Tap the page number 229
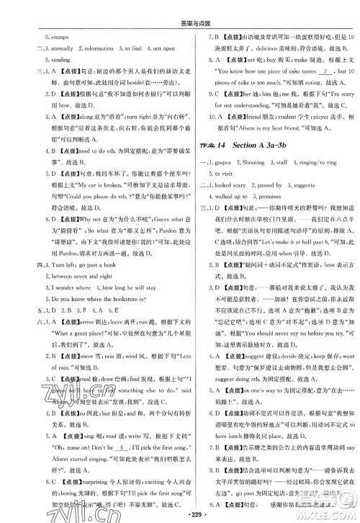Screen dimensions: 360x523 (x=180, y=514)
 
